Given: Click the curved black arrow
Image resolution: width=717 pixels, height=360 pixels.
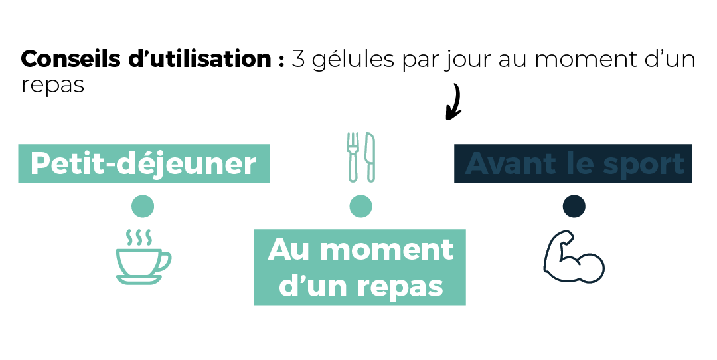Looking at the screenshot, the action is click(457, 102).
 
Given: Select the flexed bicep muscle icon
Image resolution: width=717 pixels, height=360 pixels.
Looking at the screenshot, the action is click(574, 256).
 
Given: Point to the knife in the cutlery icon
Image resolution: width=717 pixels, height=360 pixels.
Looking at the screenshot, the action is click(370, 157).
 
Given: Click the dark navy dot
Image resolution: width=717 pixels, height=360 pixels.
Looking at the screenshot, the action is click(574, 206).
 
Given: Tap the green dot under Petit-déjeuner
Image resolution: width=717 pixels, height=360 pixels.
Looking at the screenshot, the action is click(143, 206).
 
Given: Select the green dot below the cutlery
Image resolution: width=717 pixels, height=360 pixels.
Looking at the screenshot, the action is click(360, 206).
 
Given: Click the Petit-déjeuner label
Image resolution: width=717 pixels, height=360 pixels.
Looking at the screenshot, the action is click(143, 164).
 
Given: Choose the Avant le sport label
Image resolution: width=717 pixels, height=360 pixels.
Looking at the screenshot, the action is click(573, 164).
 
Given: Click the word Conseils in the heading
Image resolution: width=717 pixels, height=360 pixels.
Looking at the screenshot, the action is click(71, 60).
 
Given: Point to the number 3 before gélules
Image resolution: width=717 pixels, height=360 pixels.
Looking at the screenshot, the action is click(298, 60).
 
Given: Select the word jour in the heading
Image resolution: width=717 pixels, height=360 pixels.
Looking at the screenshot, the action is click(468, 61).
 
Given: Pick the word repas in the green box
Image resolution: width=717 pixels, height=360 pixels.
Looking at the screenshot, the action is click(400, 287).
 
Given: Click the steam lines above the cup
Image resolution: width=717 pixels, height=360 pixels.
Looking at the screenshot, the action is click(139, 237).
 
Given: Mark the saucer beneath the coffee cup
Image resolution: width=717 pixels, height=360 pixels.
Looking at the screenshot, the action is click(139, 280).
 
